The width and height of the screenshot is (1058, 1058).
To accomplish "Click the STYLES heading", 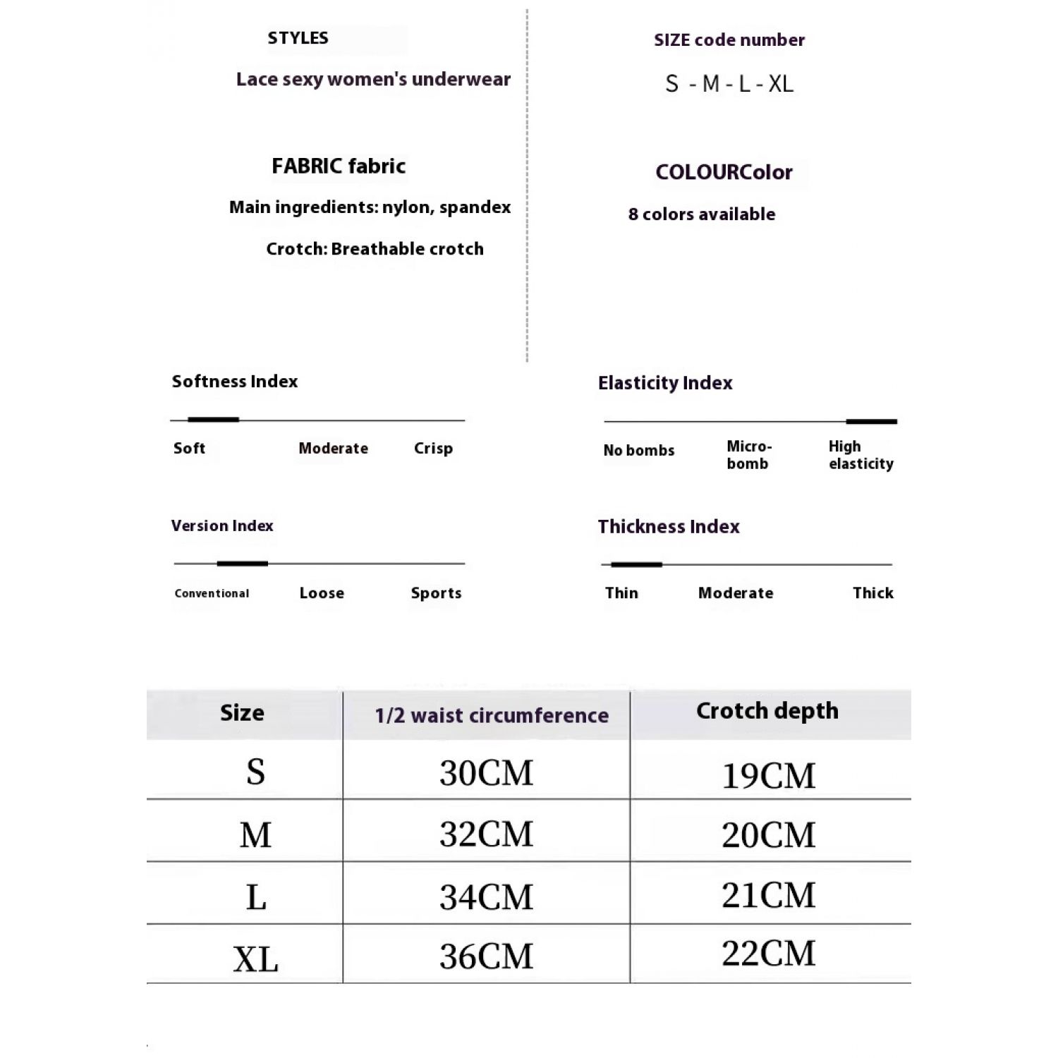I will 298,38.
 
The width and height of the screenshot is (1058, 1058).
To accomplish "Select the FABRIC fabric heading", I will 339,166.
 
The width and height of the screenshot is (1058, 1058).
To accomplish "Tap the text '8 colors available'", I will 701,214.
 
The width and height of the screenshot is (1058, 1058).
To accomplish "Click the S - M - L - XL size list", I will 729,84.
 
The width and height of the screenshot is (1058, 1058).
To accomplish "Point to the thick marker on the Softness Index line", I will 213,420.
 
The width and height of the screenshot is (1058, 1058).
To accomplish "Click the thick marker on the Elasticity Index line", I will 871,422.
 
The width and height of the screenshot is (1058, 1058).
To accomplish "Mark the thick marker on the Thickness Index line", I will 636,564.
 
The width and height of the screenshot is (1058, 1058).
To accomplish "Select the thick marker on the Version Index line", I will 242,564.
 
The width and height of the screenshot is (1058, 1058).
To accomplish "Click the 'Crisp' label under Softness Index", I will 433,449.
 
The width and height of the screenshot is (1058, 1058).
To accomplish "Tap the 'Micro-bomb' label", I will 749,455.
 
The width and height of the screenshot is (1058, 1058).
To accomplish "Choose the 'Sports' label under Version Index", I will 436,593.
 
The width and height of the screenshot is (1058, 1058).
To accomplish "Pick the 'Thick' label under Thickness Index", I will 872,593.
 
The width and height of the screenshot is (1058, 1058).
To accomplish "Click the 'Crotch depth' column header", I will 767,711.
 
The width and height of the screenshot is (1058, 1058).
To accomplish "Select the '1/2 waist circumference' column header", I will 492,715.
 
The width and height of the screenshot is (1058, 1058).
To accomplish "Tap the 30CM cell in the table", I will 486,773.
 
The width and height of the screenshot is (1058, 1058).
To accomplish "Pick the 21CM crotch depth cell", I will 768,895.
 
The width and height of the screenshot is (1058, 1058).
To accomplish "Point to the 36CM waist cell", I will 486,956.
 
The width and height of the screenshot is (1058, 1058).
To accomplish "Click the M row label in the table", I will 255,835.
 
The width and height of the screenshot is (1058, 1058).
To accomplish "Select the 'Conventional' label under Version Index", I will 212,594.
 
